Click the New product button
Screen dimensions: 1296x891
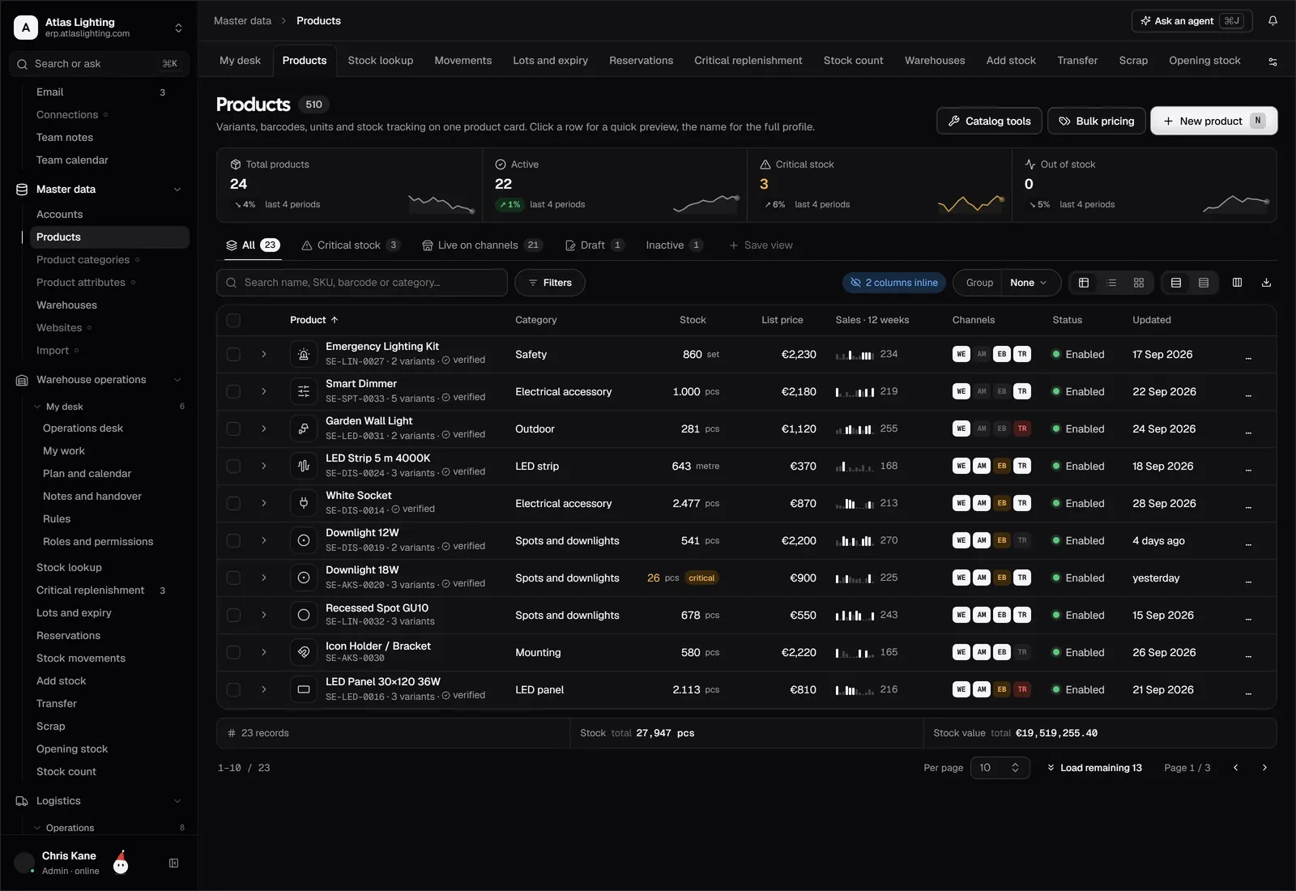click(1213, 121)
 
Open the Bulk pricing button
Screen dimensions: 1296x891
click(1096, 121)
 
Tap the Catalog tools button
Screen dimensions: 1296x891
click(989, 121)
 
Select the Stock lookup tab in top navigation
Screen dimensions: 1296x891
click(380, 60)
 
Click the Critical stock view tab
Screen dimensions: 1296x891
click(350, 245)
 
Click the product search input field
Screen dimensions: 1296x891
click(362, 283)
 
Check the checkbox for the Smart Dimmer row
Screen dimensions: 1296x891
click(234, 392)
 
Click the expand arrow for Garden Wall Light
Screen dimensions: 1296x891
click(264, 428)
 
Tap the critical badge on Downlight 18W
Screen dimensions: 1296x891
click(701, 578)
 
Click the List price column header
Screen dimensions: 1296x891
click(782, 320)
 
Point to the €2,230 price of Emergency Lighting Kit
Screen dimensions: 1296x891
click(799, 354)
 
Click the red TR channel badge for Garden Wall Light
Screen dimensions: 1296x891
click(1022, 428)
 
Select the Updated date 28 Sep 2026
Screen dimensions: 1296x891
click(1164, 503)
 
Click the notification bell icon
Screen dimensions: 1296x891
click(1273, 21)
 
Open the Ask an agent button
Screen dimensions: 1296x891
click(1192, 21)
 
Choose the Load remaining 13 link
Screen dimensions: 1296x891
click(1094, 768)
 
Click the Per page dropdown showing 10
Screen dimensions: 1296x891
click(1000, 768)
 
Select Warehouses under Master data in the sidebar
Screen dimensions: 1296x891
click(66, 305)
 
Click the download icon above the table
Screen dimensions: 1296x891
click(1266, 283)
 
